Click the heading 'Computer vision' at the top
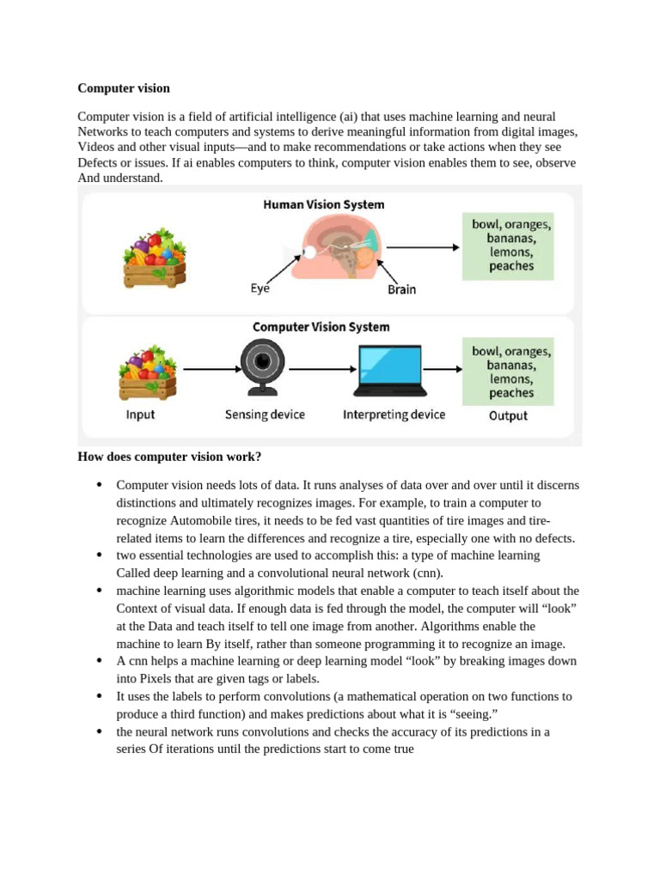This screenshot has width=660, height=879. pos(124,88)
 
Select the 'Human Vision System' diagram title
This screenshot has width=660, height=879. pos(323,205)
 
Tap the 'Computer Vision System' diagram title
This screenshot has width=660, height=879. pos(321,327)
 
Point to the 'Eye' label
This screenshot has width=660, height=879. pos(260,289)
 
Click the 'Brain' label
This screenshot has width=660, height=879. pos(401,289)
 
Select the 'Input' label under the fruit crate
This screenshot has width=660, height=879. pos(140,415)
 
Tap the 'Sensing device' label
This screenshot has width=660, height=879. pos(265,415)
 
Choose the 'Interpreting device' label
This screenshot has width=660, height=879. pos(394,415)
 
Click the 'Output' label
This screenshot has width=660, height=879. pos(508,416)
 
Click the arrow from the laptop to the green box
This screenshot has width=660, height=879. pos(446,370)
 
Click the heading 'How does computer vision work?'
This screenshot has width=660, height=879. pos(169,456)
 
